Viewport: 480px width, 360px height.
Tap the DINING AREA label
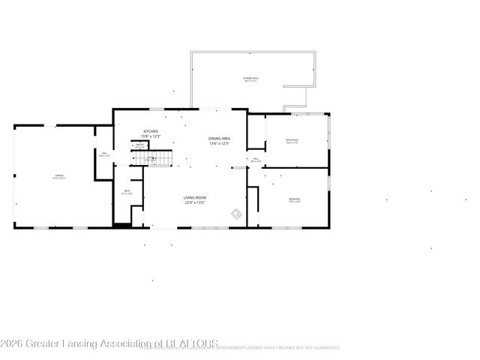[x=220, y=139]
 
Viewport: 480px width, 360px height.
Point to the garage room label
[x=59, y=177]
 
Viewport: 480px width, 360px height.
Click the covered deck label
[x=250, y=78]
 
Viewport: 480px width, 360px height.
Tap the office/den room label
[x=292, y=140]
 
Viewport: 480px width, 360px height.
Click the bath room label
[x=127, y=191]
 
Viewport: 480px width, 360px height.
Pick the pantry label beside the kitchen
[x=139, y=145]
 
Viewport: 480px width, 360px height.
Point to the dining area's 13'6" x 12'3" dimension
[x=220, y=144]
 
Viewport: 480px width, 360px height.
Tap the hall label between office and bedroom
[x=256, y=159]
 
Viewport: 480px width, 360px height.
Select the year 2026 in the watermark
[x=13, y=344]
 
